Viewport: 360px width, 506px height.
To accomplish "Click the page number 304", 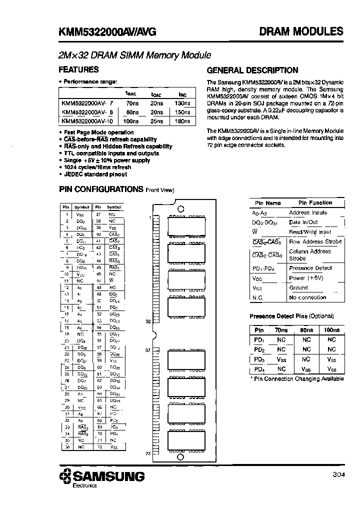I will pos(337,475).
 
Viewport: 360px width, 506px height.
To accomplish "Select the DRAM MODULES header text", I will pos(301,31).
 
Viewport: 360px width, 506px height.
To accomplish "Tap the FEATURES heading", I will pos(78,70).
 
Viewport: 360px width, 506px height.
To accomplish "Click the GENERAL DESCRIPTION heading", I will pos(252,70).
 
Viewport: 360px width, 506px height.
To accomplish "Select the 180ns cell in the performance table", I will pos(183,121).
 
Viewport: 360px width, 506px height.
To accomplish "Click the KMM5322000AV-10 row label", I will pos(85,121).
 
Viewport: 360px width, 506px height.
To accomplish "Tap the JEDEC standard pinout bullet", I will pos(95,174).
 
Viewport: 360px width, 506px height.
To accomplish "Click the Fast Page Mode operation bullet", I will pos(98,132).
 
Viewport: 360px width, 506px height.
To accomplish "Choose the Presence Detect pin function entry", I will pos(310,268).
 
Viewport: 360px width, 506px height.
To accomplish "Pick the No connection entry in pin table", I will pos(307,297).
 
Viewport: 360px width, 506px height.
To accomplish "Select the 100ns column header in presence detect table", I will pos(331,330).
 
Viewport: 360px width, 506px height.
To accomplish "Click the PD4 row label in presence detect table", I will pos(259,369).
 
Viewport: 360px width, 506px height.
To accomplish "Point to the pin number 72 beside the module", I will pos(147,453).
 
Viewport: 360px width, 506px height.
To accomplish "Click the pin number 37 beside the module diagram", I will pos(147,350).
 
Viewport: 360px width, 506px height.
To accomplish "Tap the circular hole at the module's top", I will pos(181,209).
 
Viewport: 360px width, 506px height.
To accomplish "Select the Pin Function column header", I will pos(315,203).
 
